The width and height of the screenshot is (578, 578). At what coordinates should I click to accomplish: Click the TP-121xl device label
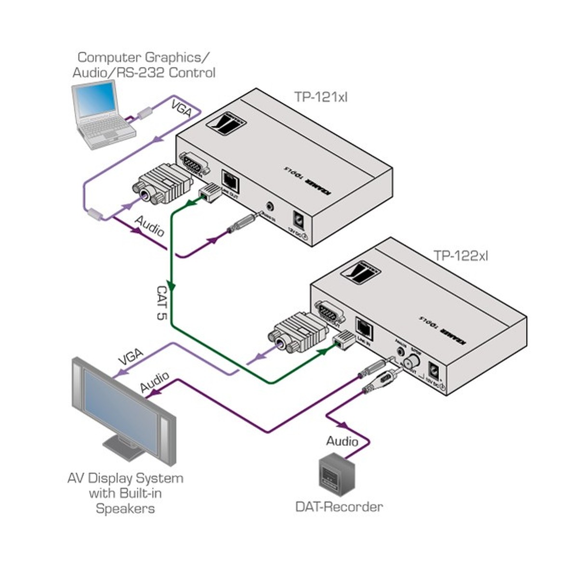coord(321,97)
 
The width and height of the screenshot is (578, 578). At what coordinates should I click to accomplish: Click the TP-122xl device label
coord(460,255)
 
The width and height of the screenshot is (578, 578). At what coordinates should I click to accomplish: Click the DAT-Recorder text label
coord(339,507)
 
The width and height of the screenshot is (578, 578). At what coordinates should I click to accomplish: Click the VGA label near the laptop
coord(182,109)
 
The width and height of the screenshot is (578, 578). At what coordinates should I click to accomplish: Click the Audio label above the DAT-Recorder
coord(342,441)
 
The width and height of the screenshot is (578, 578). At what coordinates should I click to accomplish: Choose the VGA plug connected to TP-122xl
coord(298,333)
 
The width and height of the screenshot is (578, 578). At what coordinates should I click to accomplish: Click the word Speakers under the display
coord(125,508)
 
